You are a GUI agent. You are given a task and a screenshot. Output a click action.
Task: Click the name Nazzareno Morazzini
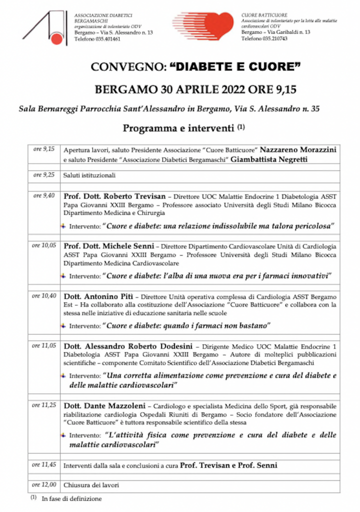[x=298, y=149]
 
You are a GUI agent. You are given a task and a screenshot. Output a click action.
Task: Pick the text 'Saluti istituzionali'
[x=89, y=175]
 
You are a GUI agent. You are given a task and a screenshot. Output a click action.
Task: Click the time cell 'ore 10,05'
[x=43, y=245]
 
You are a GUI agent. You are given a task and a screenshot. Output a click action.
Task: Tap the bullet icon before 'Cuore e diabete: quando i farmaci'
[x=63, y=325]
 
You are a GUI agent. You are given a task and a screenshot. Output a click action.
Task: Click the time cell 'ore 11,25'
[x=43, y=405]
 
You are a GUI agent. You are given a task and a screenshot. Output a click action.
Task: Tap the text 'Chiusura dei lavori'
[x=91, y=485]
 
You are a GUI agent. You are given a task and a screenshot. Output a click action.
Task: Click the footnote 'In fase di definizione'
[x=71, y=498]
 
